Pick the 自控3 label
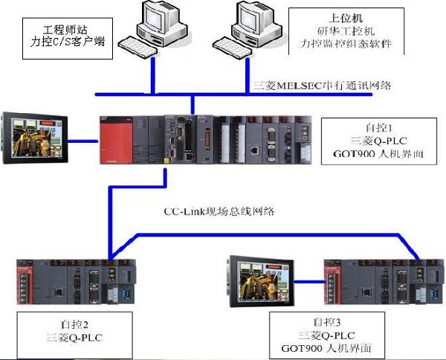(326, 322)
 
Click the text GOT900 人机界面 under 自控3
(327, 348)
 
